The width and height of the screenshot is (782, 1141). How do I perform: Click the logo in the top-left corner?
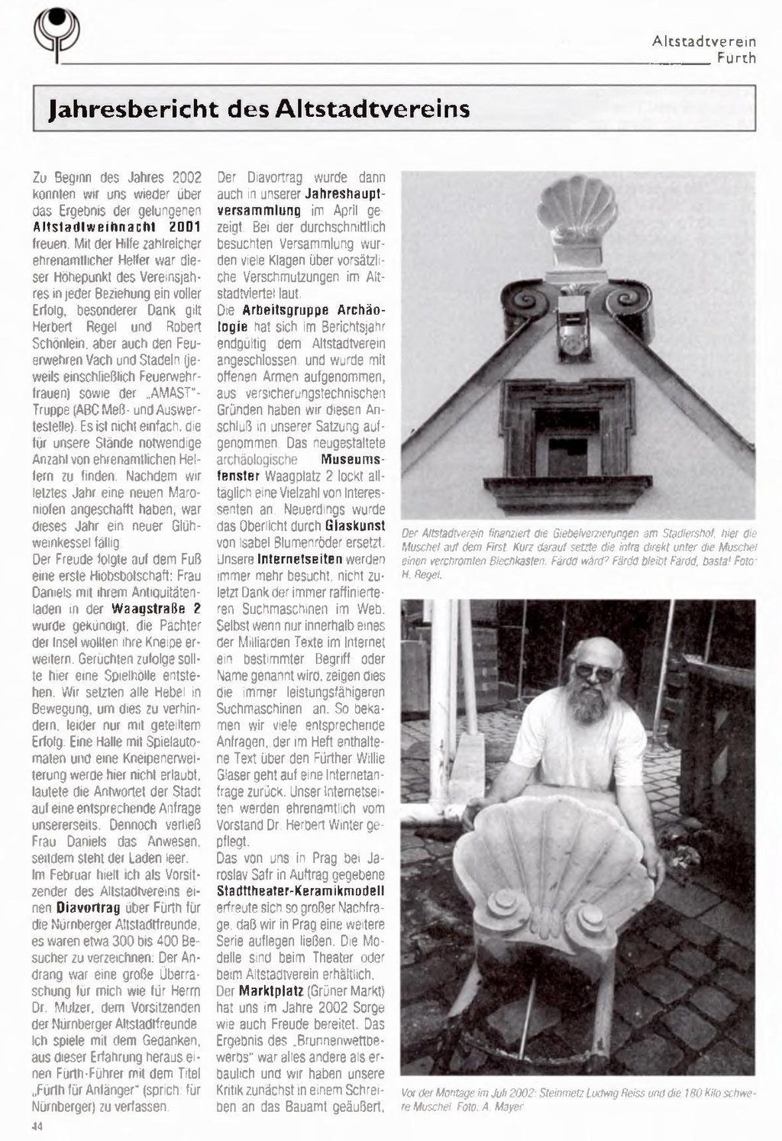click(56, 34)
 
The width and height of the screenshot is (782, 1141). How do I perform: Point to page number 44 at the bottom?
click(37, 1126)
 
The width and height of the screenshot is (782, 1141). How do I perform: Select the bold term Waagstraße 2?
click(156, 609)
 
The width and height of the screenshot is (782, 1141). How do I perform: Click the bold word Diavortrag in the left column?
click(88, 908)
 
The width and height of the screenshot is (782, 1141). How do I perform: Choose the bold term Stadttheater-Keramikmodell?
click(301, 891)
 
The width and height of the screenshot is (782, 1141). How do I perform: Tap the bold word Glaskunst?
click(354, 525)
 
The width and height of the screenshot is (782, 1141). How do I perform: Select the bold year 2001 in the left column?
click(184, 227)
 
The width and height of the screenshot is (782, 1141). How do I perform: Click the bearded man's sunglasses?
click(596, 672)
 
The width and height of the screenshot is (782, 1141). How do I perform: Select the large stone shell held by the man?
click(555, 885)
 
